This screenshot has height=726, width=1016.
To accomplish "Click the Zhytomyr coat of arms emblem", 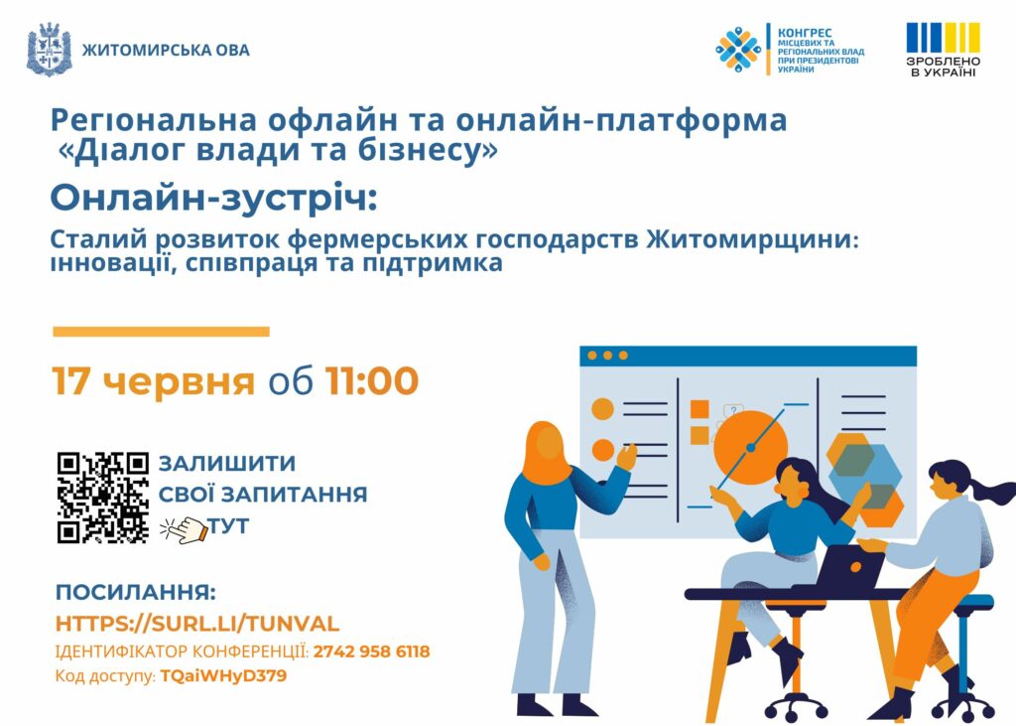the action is tap(50, 50).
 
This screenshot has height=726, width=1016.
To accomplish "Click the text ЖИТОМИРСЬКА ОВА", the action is tap(166, 50).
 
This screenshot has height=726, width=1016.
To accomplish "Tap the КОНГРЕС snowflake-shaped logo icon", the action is tap(738, 50).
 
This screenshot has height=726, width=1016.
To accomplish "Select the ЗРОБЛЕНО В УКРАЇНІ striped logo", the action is tap(943, 50).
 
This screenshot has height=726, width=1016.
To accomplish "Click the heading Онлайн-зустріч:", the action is tap(214, 198).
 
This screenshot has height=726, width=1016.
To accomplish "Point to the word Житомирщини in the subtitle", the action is tap(752, 240).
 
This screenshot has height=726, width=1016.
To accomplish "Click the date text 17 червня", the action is tap(154, 380).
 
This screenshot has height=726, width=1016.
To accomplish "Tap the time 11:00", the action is tap(372, 380).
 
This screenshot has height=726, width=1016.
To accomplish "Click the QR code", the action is tap(103, 498).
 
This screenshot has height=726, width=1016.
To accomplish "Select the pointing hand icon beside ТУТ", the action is tap(184, 529).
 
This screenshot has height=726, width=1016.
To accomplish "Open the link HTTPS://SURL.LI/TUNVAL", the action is tap(197, 624).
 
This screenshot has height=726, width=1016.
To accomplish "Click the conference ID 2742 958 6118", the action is tap(371, 652).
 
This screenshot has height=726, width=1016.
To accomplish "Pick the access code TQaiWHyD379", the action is tap(223, 676).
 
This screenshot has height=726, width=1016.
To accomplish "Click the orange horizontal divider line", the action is tap(161, 332).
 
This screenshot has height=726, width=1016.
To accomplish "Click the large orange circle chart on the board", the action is tap(750, 447).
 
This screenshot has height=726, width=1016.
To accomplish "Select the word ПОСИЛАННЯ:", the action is tap(135, 592).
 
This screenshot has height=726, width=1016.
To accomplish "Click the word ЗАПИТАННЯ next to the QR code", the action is tap(294, 495).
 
